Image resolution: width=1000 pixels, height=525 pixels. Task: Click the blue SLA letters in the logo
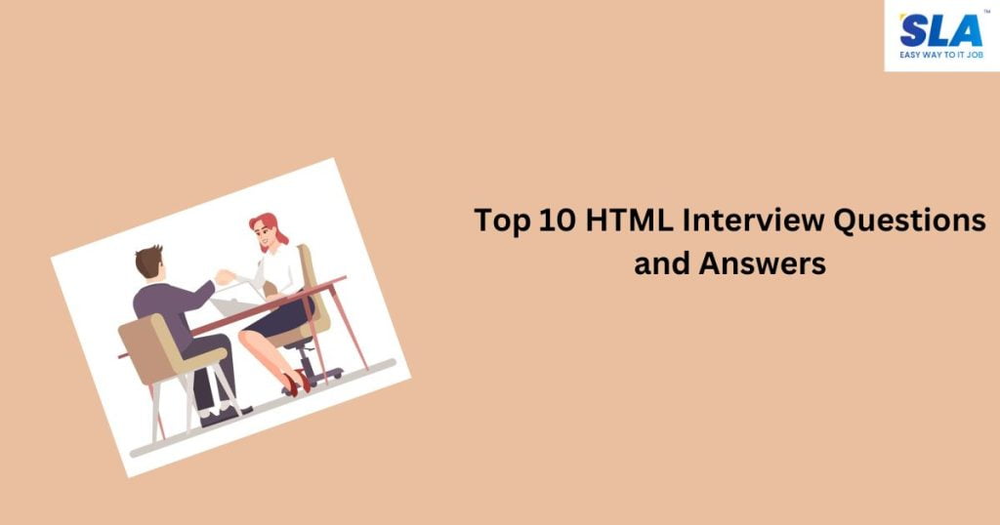tap(939, 31)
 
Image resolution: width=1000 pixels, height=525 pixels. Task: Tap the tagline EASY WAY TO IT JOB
tap(941, 56)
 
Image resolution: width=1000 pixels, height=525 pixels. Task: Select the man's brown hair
tap(148, 259)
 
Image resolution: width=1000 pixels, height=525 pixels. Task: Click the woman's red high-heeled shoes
tap(298, 383)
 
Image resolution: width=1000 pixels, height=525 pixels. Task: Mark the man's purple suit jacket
tap(166, 303)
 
